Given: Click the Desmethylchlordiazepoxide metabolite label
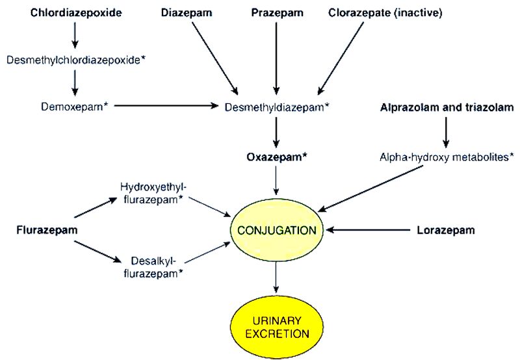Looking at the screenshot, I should (x=75, y=59).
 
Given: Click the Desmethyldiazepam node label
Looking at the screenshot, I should (x=276, y=105).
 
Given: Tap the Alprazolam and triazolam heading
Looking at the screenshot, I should (x=446, y=106).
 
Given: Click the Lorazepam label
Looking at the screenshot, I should (x=445, y=230).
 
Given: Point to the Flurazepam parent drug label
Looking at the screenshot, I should (x=42, y=229).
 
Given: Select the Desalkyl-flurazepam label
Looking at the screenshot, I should (x=153, y=267).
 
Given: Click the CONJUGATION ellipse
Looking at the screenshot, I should (x=277, y=230).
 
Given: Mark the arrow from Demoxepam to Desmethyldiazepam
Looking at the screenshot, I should (x=165, y=105).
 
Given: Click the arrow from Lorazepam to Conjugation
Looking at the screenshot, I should (x=368, y=230).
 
